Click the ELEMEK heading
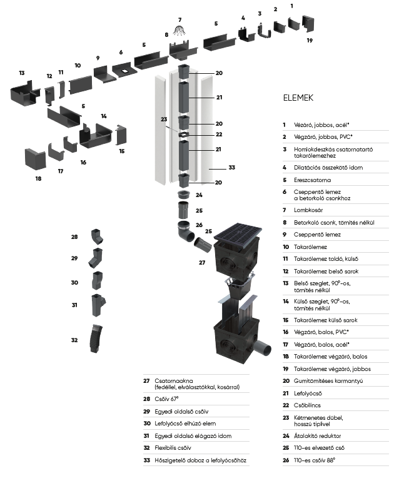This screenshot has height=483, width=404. (298, 98)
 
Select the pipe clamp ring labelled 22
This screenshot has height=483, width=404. (184, 135)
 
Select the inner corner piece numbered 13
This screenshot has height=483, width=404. (24, 94)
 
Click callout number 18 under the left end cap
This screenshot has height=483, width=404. (38, 179)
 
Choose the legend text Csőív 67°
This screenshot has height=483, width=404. (166, 398)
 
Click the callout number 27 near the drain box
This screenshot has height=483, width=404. (201, 262)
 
